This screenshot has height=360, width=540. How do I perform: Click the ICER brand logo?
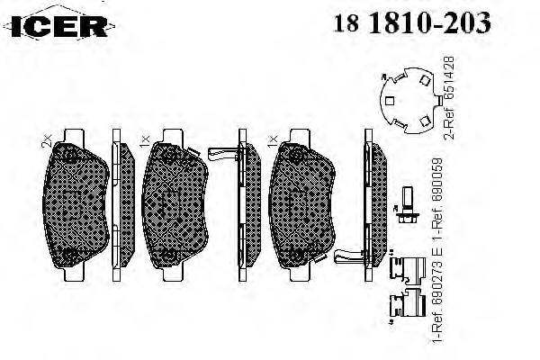[58, 26]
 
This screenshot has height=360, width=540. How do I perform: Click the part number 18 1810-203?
[412, 22]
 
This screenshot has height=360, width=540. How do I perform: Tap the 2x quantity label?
[46, 141]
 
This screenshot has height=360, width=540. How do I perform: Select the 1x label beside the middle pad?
[145, 141]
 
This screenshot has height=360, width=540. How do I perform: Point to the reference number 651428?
[449, 78]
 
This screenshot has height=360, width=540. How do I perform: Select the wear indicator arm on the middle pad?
[224, 153]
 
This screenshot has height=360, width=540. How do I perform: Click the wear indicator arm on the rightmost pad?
[349, 256]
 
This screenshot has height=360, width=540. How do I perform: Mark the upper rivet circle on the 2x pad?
[70, 157]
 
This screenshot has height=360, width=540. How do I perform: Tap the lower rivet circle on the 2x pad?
[70, 255]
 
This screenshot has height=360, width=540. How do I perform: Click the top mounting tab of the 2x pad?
[74, 135]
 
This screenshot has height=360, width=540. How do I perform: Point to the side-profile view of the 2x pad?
[122, 205]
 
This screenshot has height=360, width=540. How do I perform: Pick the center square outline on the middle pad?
[171, 205]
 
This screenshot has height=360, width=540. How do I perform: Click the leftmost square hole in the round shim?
[390, 101]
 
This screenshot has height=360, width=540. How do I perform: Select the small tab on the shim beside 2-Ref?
[439, 100]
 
